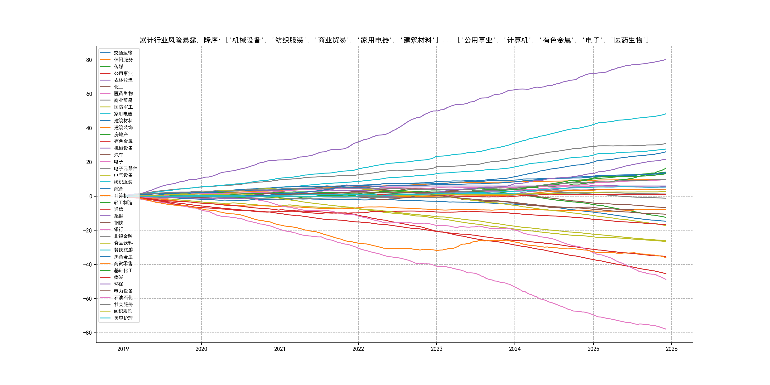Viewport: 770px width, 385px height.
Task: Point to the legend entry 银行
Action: [x=118, y=229]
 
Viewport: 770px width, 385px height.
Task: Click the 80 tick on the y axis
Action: [x=89, y=60]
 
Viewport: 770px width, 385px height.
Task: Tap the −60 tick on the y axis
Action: [x=88, y=299]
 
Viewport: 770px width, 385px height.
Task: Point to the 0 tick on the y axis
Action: [x=91, y=196]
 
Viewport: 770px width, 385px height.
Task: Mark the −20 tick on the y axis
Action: [x=88, y=231]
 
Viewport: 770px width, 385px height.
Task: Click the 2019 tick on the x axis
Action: [x=123, y=349]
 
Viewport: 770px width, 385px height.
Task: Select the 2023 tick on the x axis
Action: [x=436, y=349]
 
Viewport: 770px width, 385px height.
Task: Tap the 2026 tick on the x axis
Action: [x=672, y=349]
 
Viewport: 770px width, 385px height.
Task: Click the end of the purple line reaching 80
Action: [x=666, y=60]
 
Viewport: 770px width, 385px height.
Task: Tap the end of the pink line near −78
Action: [x=666, y=329]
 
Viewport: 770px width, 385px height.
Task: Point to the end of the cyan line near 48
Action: [x=666, y=114]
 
